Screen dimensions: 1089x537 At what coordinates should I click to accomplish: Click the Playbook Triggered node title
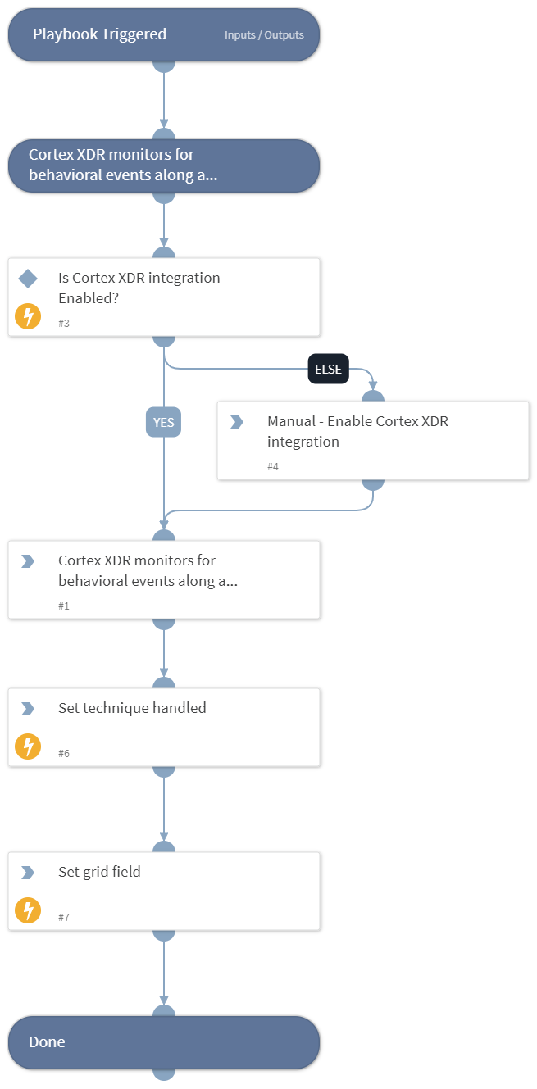(99, 34)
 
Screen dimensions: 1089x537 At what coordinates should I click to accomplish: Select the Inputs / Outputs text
(264, 35)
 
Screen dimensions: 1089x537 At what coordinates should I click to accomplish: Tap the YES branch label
(163, 422)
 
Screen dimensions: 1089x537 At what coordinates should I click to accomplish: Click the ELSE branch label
(329, 369)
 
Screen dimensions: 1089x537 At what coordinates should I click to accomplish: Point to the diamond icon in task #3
(28, 279)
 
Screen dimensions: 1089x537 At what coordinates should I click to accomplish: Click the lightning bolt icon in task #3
(28, 316)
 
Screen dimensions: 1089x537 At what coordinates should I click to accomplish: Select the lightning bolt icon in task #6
(28, 746)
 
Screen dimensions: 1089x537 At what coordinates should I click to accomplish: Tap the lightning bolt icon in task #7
(28, 910)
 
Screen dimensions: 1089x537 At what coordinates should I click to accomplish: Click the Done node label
(47, 1042)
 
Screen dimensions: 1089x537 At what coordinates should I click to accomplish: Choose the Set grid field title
(99, 872)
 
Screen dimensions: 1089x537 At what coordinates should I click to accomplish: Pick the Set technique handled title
(132, 708)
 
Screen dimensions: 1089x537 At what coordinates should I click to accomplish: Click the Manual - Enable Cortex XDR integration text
(357, 431)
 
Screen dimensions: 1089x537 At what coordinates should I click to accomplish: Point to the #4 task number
(273, 466)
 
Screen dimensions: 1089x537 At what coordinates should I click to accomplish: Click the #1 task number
(64, 606)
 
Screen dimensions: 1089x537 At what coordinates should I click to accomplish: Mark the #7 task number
(64, 917)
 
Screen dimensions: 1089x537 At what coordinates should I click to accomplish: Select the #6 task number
(64, 753)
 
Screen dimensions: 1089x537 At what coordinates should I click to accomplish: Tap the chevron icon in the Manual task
(237, 422)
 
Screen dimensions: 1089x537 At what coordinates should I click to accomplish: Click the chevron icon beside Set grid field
(28, 873)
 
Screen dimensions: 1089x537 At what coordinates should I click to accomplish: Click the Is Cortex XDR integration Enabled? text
(139, 288)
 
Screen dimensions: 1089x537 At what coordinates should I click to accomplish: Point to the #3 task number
(64, 323)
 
